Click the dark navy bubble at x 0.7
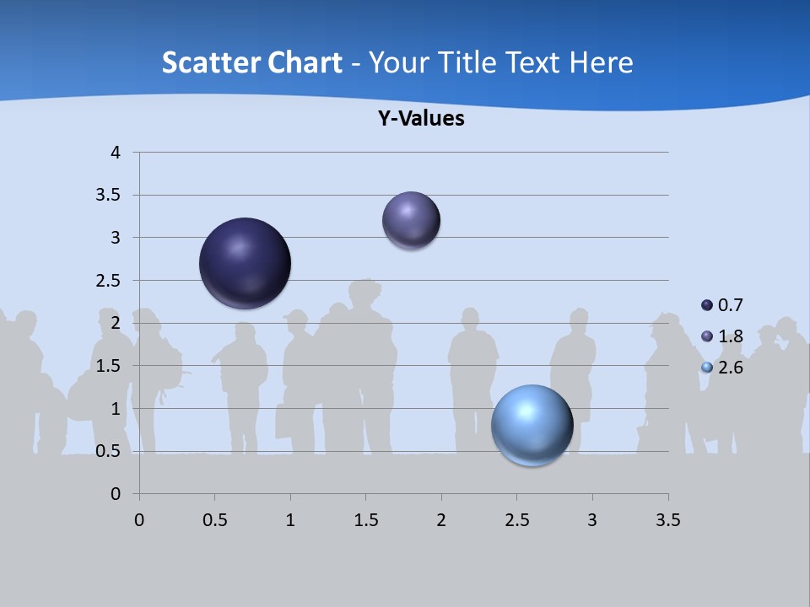[246, 263]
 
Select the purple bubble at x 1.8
[412, 220]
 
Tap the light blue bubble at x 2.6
[532, 425]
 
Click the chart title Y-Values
[421, 119]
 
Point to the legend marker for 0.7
[707, 304]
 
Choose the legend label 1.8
[731, 336]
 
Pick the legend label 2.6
[731, 368]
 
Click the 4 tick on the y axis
[116, 153]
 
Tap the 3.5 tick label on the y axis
[109, 196]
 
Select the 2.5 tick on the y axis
[109, 281]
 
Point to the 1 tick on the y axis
[116, 409]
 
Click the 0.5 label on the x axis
[215, 519]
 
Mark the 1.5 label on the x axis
[365, 519]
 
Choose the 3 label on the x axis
[592, 519]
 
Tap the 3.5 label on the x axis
[667, 519]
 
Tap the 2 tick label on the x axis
[441, 519]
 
